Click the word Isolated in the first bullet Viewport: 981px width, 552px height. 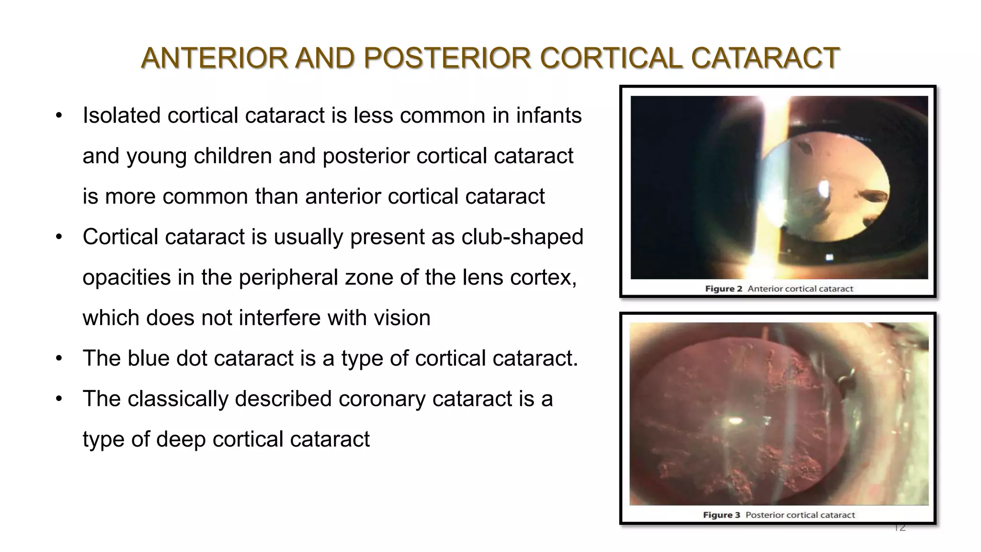coord(121,115)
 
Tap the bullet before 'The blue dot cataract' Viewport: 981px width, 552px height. coord(59,358)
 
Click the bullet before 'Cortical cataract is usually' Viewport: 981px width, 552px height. coord(59,237)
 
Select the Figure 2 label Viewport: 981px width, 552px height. coord(723,289)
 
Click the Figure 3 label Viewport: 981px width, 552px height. coord(721,515)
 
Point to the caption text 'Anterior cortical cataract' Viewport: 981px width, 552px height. coord(800,289)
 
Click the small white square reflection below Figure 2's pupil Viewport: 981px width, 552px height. coord(829,258)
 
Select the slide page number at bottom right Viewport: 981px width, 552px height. coord(900,528)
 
